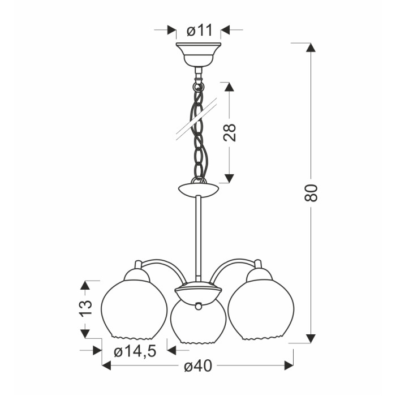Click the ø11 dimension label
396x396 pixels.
point(200,31)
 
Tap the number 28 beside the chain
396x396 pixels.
point(230,132)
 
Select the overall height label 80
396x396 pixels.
point(311,193)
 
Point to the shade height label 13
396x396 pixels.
point(85,308)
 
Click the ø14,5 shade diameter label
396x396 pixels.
point(135,351)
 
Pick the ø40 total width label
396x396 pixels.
point(198,365)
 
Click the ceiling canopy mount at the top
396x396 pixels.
point(199,54)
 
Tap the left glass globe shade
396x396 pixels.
point(134,309)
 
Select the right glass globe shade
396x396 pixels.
point(261,309)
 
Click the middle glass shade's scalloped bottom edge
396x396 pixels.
point(198,343)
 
